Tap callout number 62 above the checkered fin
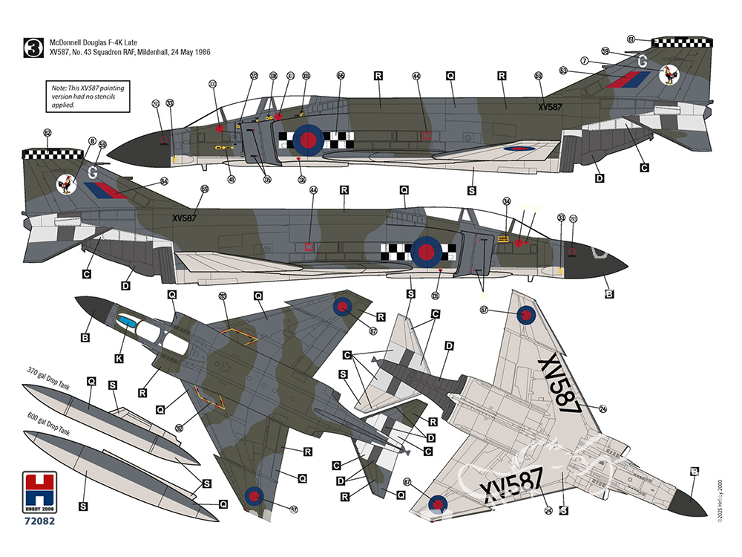[47, 133]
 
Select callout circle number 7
[585, 61]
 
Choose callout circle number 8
[92, 141]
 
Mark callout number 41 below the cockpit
[232, 179]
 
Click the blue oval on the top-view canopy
[128, 322]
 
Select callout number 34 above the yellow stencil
[507, 201]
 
